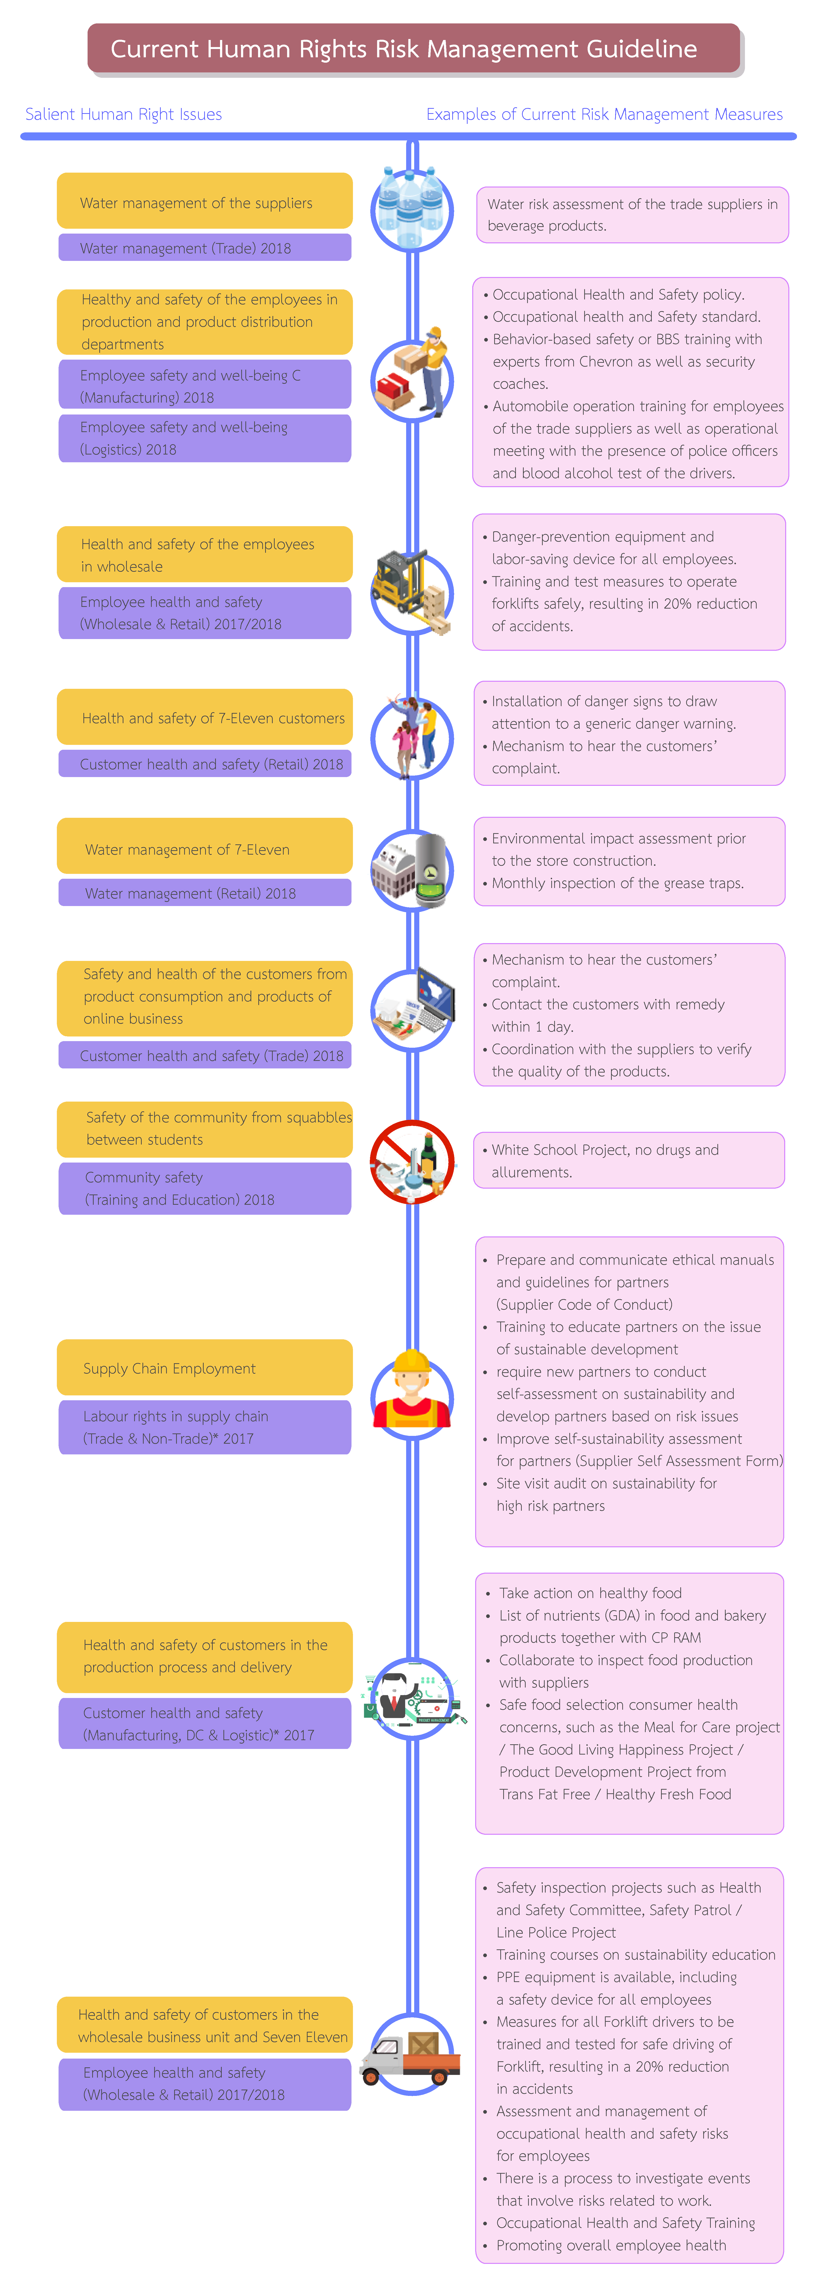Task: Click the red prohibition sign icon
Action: (412, 1161)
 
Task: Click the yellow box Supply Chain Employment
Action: (204, 1368)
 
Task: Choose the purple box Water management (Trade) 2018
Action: (204, 248)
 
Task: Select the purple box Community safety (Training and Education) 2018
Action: (204, 1188)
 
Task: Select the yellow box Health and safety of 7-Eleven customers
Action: (204, 717)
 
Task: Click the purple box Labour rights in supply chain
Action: (204, 1427)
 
